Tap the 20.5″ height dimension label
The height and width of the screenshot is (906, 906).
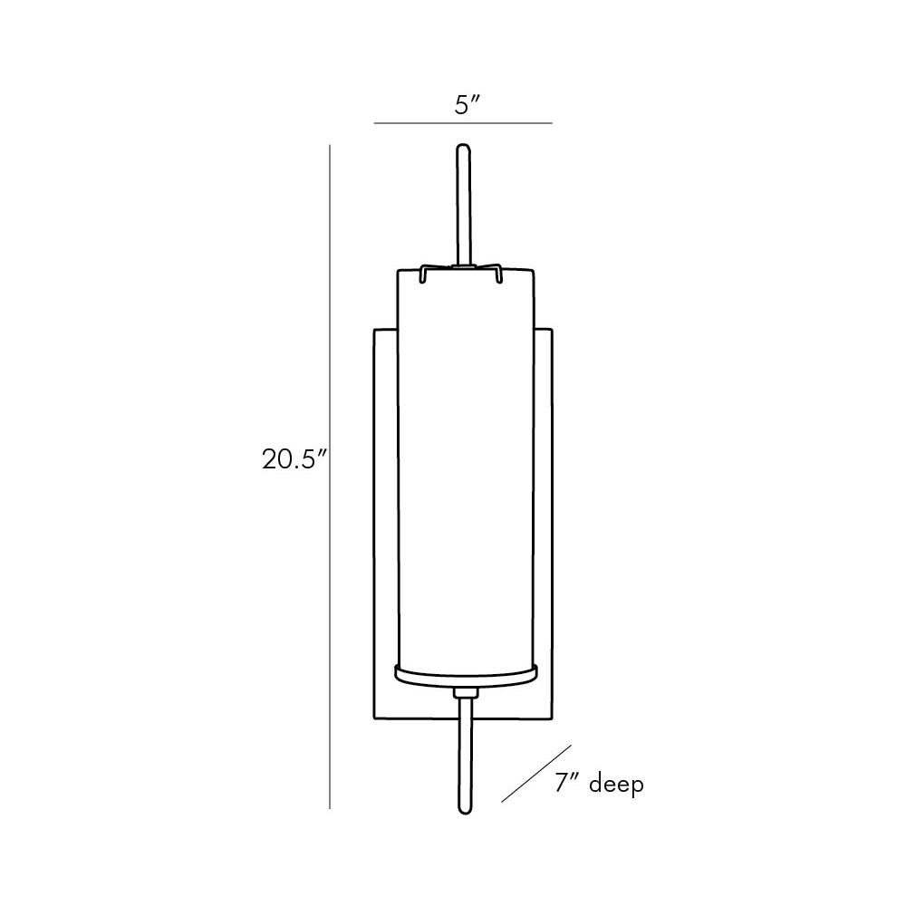tap(294, 460)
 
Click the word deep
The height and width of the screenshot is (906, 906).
tap(616, 786)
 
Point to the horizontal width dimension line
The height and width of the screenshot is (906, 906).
tap(463, 123)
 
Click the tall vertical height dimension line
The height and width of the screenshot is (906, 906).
tap(330, 477)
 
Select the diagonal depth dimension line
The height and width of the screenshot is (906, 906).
tap(536, 773)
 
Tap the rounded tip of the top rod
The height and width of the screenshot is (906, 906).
tap(462, 146)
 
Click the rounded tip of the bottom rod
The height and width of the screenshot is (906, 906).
tap(465, 812)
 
